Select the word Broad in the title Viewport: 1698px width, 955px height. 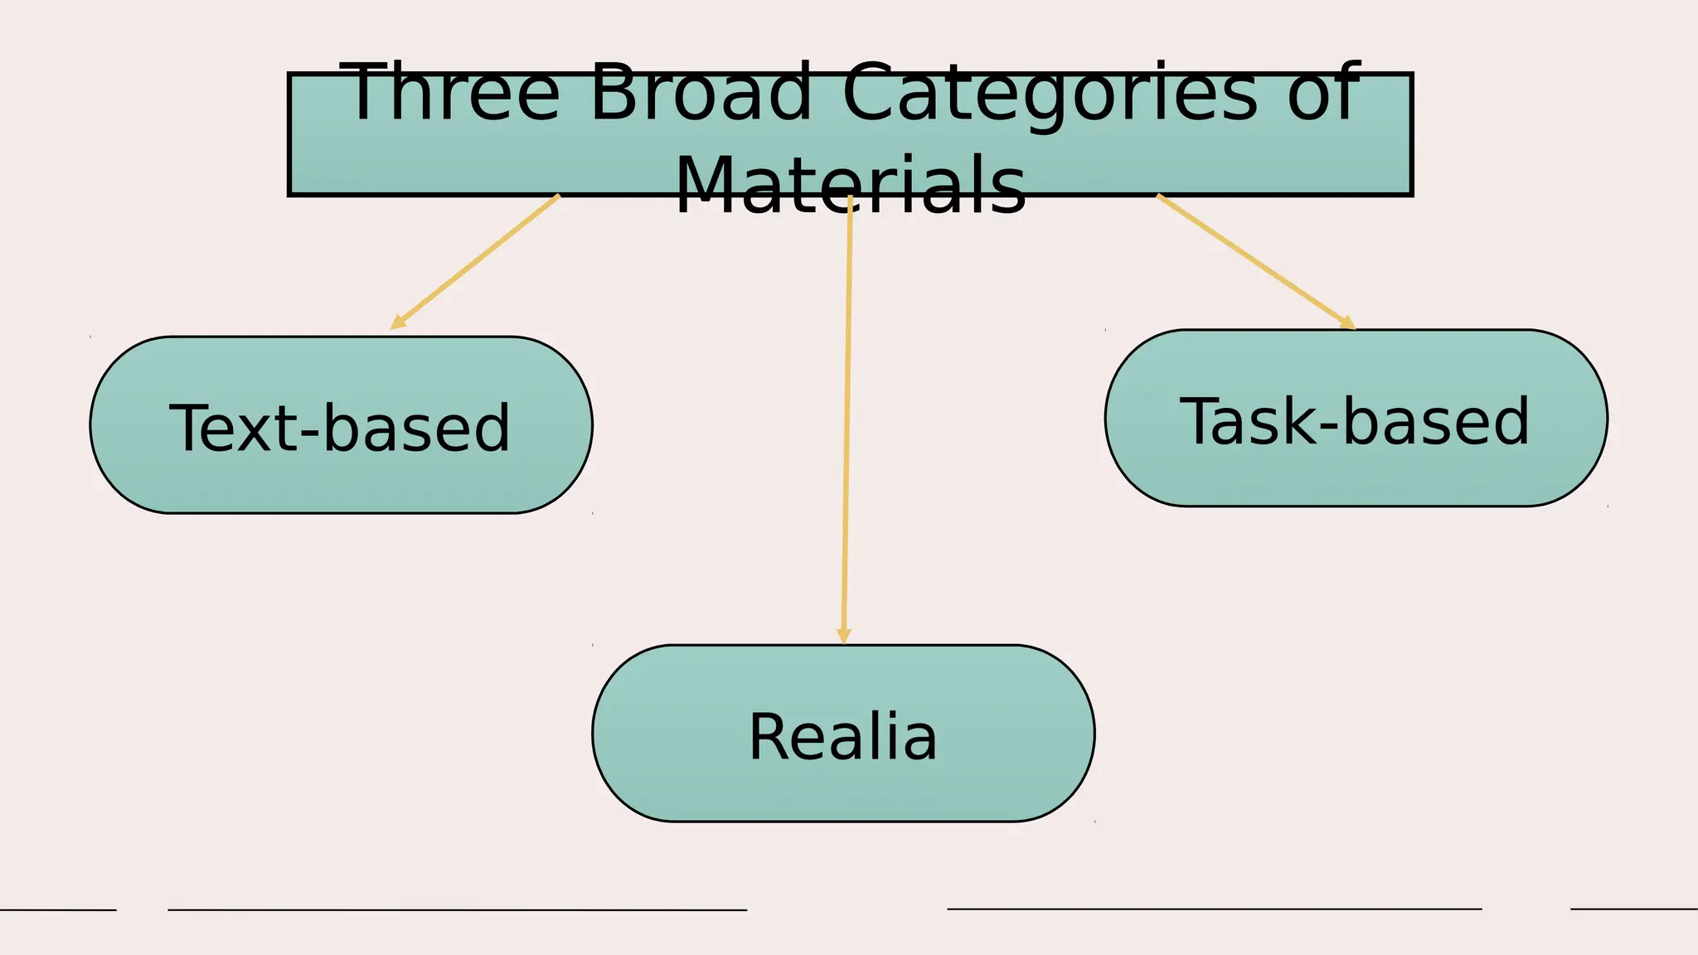(x=701, y=93)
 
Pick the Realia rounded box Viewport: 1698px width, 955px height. (x=843, y=788)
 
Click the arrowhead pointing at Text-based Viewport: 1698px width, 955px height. (x=397, y=322)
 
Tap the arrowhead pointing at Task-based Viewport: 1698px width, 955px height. (x=1348, y=323)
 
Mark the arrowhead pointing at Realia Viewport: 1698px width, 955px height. (x=843, y=636)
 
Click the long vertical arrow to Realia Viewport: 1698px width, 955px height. (x=847, y=414)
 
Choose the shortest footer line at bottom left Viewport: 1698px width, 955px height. (x=58, y=909)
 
